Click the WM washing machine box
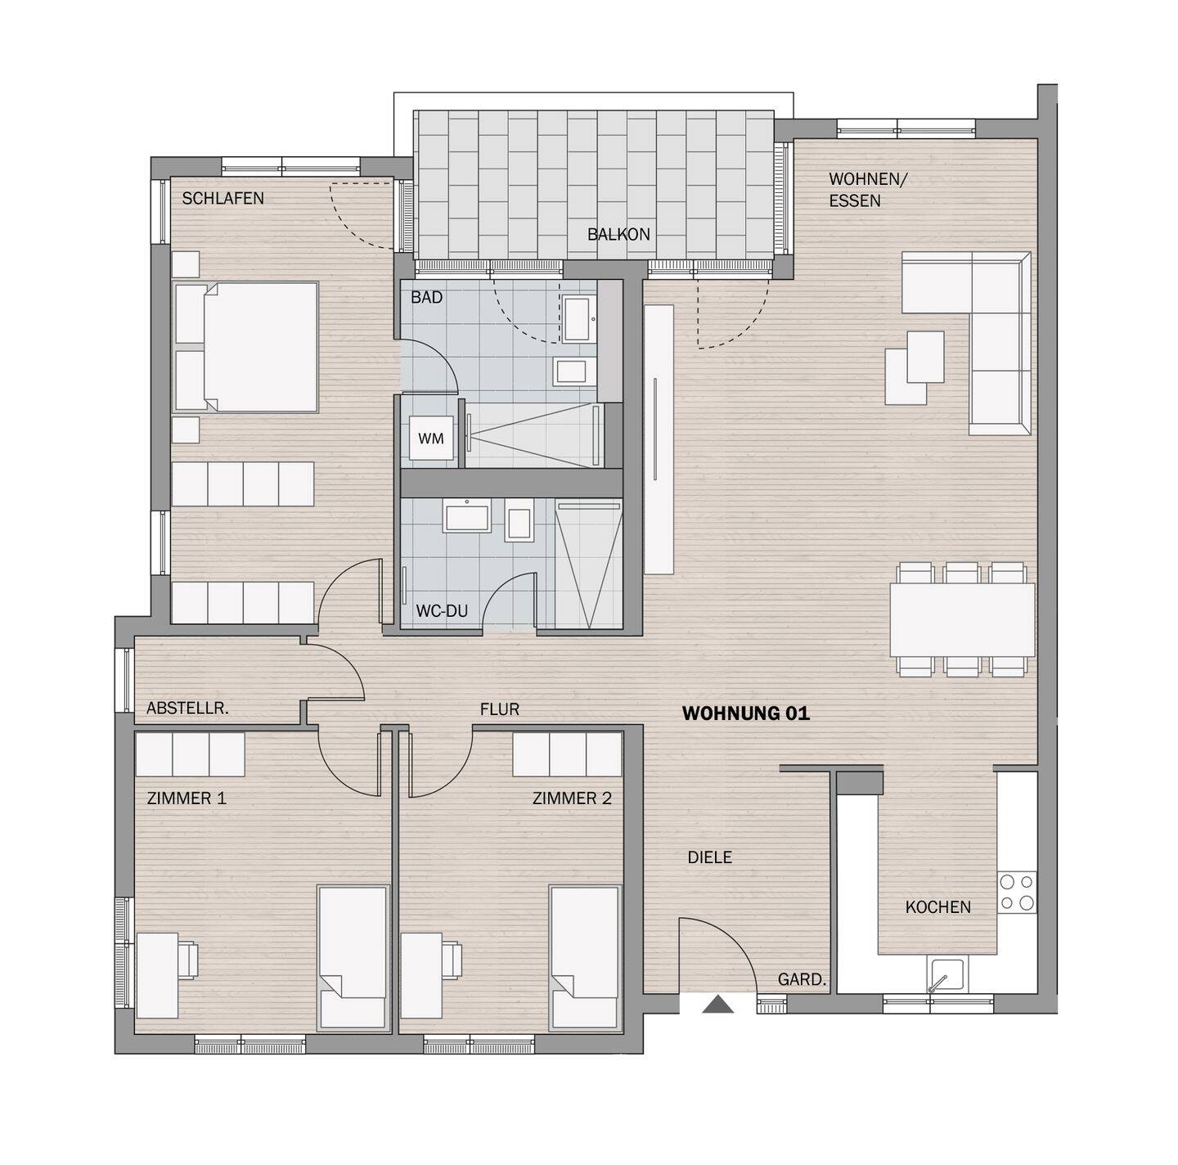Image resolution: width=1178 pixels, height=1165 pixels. click(x=431, y=439)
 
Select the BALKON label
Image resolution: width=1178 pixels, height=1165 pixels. click(x=618, y=234)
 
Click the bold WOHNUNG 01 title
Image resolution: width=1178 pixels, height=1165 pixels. click(x=745, y=713)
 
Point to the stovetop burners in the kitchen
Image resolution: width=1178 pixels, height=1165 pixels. click(x=1016, y=893)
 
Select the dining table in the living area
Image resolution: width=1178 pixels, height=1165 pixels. click(x=962, y=618)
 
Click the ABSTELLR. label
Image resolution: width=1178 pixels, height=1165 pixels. click(x=187, y=708)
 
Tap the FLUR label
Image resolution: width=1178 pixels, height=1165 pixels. click(x=499, y=709)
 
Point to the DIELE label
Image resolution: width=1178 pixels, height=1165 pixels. click(x=709, y=857)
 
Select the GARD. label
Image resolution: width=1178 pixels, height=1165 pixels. click(x=802, y=979)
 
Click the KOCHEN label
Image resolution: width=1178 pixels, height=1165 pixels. click(x=937, y=906)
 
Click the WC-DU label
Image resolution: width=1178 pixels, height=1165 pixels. click(x=442, y=610)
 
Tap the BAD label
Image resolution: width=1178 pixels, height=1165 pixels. click(x=426, y=298)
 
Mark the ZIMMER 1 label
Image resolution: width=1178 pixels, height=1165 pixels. click(x=187, y=798)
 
